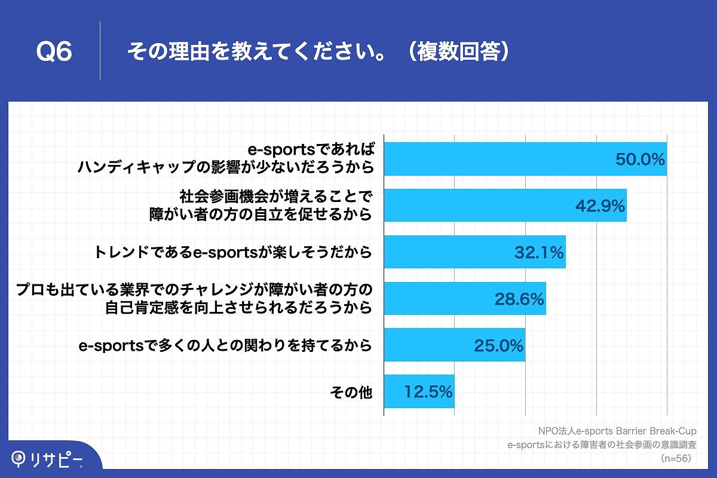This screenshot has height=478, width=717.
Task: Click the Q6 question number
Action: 54,52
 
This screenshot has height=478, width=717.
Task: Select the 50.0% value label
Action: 641,160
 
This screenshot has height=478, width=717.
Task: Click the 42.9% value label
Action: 600,206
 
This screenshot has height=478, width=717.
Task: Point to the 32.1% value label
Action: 539,253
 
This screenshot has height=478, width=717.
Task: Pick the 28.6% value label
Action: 519,299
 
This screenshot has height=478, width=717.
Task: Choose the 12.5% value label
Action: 428,392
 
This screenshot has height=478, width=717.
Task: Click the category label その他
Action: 351,393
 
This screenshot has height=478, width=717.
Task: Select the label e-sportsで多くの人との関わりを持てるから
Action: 226,345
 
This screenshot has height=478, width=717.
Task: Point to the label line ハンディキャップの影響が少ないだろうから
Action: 226,167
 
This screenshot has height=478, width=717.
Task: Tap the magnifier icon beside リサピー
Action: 20,458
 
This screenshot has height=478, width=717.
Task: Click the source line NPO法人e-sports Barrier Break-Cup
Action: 617,431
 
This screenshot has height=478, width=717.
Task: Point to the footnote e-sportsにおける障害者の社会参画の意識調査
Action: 601,445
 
